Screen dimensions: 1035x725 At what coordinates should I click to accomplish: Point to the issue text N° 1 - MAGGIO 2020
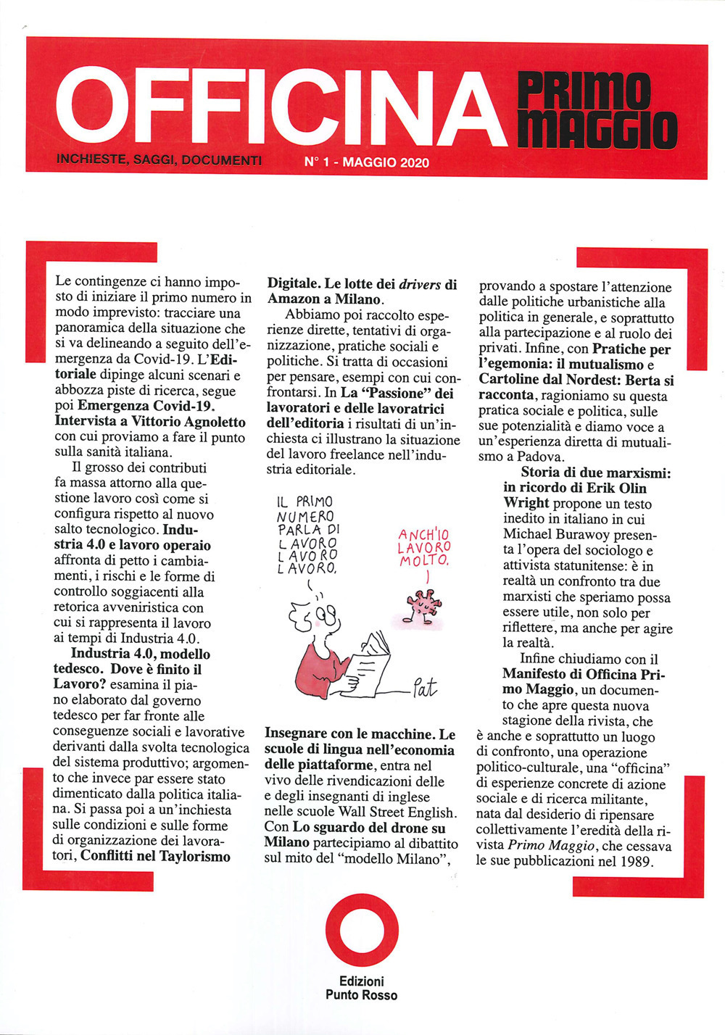tap(367, 163)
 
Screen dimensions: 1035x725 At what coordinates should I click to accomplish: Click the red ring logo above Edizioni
tap(361, 931)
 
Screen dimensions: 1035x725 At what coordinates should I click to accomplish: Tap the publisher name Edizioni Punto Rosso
tap(361, 988)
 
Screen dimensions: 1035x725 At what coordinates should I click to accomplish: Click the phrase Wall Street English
tap(414, 812)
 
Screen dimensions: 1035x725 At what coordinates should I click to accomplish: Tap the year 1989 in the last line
tap(637, 862)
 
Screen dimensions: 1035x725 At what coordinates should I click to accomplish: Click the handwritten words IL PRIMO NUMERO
tap(305, 509)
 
